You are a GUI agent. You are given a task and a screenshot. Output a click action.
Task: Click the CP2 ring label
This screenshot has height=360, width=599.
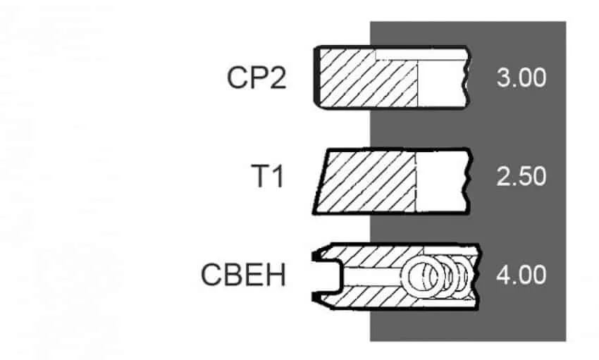pos(257,78)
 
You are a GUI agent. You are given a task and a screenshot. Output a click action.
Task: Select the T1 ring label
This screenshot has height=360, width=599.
pos(268,176)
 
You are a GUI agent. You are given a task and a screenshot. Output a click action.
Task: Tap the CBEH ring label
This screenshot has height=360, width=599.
pos(243,275)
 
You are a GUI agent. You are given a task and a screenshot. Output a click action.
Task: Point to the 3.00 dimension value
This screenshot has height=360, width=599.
pos(521,78)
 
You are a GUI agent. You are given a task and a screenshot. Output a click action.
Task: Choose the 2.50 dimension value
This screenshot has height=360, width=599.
pos(521,176)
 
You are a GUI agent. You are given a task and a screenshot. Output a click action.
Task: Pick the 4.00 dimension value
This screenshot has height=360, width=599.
pos(521,275)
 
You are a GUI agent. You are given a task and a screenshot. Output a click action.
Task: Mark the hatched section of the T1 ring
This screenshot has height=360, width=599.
pos(369,181)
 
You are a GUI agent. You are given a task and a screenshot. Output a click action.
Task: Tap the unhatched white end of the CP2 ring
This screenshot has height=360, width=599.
pos(442,83)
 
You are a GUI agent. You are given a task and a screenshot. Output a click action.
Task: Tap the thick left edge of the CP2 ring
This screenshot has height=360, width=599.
pos(316,76)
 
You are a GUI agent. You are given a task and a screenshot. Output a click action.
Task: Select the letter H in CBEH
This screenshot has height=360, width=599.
pos(276,275)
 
